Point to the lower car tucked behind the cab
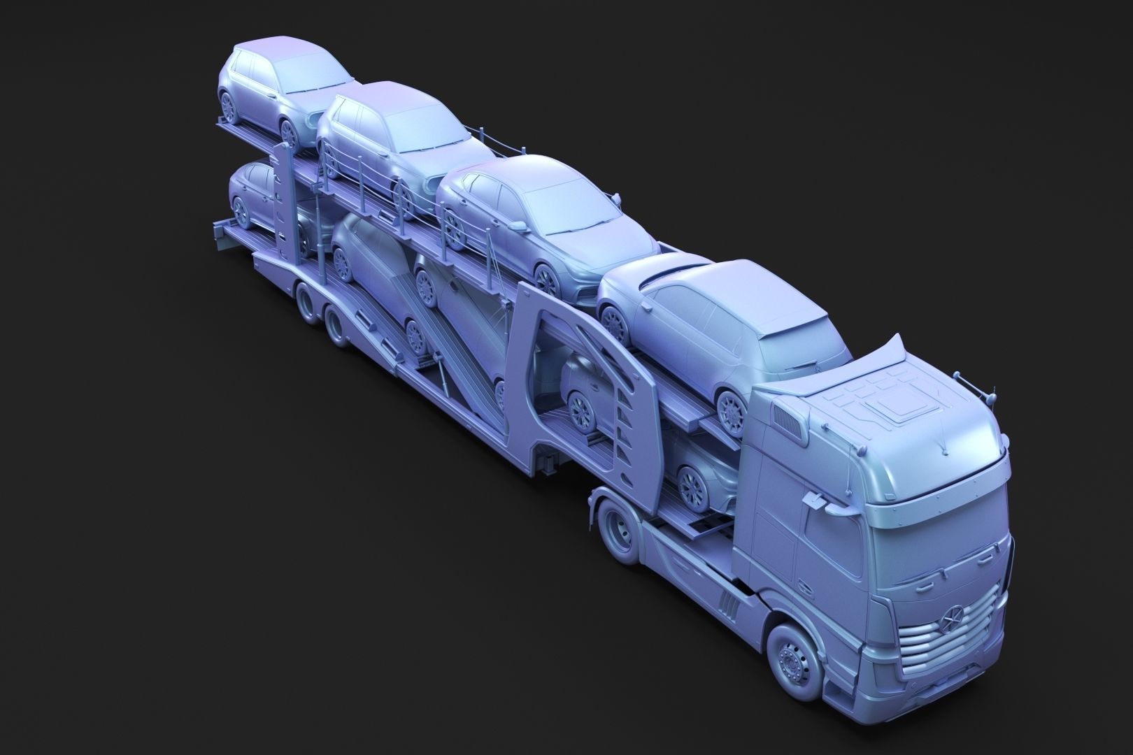coord(699,475)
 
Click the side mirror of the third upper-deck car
coord(518,226)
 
